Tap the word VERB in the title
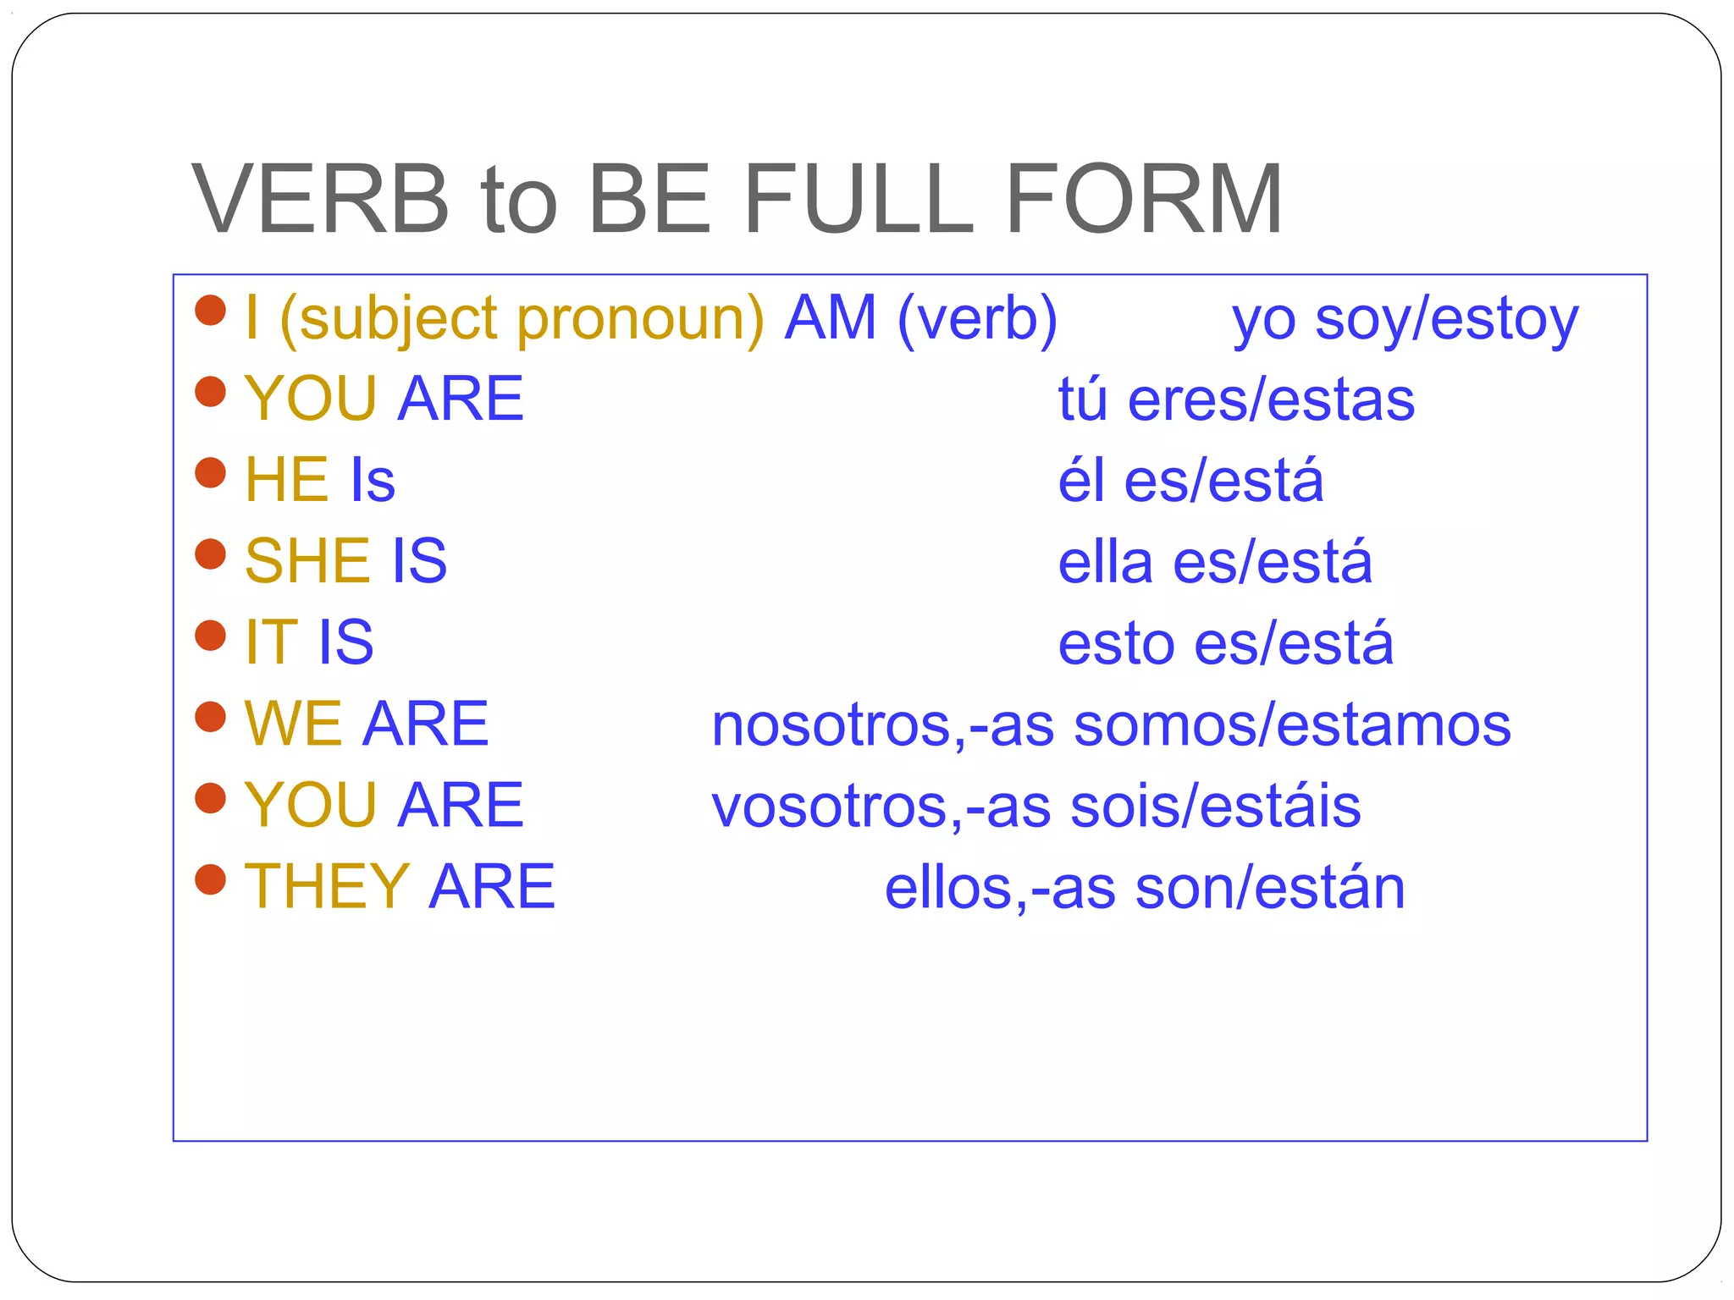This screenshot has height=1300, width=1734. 320,200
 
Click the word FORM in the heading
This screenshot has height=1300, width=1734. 1143,200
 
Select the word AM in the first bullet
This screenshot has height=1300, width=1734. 830,318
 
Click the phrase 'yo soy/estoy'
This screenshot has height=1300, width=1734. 1405,322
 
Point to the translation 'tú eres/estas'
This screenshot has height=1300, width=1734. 1236,399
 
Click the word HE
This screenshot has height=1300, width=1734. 286,480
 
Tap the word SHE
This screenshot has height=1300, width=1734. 307,561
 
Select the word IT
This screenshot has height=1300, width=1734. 271,642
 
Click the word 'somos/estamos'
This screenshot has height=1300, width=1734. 1292,725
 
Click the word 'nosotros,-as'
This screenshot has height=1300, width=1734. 883,726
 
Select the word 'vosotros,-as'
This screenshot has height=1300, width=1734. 881,807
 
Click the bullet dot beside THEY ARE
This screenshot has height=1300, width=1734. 210,879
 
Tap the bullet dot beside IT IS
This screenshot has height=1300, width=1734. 210,636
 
